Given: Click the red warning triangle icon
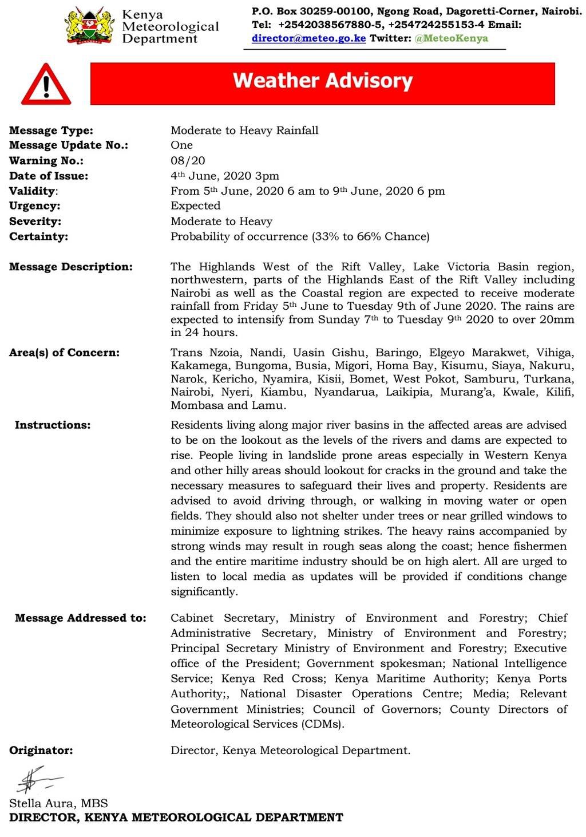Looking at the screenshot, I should [46, 85].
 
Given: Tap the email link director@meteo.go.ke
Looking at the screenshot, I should [308, 38].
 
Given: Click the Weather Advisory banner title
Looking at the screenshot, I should [322, 81].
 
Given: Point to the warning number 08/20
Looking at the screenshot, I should [188, 161].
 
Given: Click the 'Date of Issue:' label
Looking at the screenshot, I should [49, 176].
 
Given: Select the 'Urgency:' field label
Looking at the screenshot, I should [35, 206].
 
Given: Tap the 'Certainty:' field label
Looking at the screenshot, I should [38, 236].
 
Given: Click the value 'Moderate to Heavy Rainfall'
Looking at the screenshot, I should [244, 131].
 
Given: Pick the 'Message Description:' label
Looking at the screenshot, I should [71, 267].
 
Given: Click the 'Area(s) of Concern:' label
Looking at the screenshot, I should [65, 353].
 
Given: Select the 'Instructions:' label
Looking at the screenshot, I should [53, 425].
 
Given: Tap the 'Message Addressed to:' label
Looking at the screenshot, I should [81, 618].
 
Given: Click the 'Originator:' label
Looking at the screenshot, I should [41, 751].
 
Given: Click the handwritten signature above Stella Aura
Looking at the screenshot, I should [34, 781].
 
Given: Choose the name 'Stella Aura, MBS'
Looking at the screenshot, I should [58, 803].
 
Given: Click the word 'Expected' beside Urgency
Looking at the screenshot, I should [195, 206].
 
